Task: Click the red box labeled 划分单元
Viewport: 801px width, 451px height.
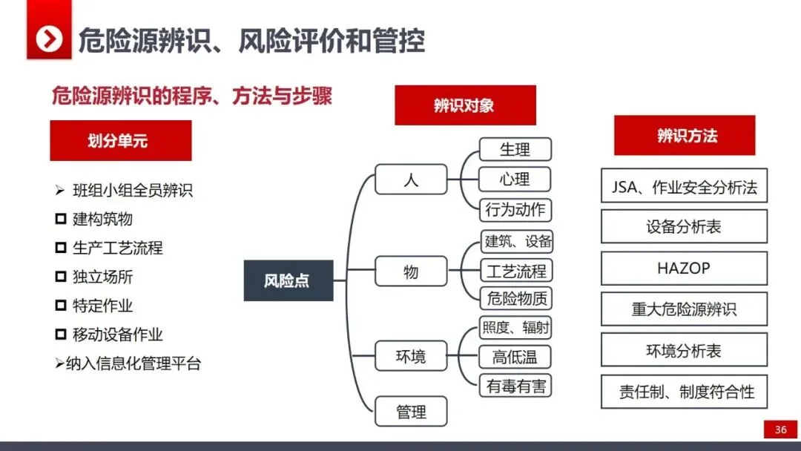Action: [120, 141]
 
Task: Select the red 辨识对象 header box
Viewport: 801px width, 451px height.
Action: [464, 105]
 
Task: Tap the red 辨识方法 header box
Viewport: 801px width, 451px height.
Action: [684, 136]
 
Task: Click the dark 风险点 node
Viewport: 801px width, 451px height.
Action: [288, 280]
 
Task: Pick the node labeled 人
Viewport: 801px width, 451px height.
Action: [411, 180]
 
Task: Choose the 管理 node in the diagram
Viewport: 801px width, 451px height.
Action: [411, 411]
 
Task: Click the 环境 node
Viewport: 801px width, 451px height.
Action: [411, 356]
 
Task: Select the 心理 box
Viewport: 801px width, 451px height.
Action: [515, 180]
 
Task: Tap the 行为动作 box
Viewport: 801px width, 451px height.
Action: [515, 210]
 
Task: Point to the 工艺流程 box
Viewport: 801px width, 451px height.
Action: [515, 270]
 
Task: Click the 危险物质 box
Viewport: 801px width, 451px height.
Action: [515, 299]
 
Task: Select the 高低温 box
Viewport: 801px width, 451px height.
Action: [515, 357]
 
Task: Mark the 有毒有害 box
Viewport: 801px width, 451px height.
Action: [515, 386]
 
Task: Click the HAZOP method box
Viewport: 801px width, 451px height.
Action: [684, 269]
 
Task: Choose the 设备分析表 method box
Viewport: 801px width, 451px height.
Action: [684, 226]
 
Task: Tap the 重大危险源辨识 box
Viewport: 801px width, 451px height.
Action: [684, 309]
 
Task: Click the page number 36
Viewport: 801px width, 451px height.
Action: [780, 429]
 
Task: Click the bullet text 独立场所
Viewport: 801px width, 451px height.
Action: [103, 277]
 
